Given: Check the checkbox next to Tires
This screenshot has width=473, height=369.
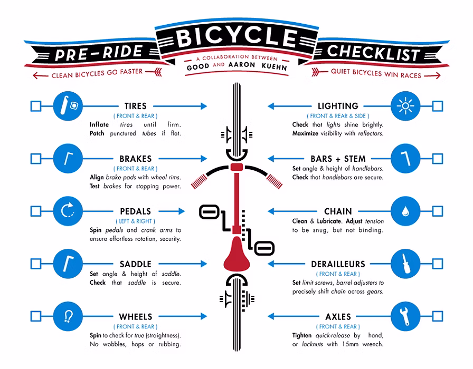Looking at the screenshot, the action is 36,106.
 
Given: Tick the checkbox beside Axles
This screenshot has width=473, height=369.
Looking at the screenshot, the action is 438,316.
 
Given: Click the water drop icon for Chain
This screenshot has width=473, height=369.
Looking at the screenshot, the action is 405,211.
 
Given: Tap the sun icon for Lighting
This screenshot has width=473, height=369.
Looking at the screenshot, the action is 405,106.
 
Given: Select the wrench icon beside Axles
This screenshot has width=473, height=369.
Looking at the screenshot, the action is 404,316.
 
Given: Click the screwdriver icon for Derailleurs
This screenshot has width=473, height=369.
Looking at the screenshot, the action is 405,264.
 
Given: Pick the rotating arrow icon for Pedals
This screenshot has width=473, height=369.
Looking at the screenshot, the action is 68,210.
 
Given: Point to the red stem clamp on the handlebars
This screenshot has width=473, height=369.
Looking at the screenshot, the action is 237,167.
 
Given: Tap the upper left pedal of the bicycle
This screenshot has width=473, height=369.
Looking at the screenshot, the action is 209,212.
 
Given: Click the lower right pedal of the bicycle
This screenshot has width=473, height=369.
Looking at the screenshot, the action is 264,248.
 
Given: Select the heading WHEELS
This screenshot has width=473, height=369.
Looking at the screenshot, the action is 136,317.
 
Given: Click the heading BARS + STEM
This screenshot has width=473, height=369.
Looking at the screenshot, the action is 338,159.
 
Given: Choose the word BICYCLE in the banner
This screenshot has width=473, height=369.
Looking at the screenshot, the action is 237,37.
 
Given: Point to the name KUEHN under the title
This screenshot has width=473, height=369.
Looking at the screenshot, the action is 274,66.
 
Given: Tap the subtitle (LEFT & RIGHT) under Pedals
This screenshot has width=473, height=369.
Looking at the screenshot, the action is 136,221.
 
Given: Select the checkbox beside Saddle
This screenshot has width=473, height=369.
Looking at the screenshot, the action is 36,264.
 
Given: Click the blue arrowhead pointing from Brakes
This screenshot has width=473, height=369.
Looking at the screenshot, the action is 204,159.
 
